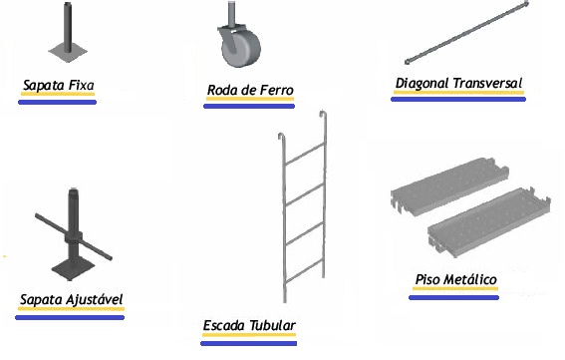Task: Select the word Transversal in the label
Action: point(487,84)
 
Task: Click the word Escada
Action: point(224,326)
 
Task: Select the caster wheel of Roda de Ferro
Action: point(241,50)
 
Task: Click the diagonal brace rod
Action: point(467,33)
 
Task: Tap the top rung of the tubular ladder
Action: point(306,154)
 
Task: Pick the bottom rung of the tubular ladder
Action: point(305,272)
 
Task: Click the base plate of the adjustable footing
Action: point(74,268)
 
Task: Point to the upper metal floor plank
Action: point(449,186)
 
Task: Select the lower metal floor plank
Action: point(488,222)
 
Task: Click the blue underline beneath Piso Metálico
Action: point(453,297)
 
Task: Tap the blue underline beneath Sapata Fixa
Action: point(57,102)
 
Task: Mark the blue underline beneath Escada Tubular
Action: point(249,343)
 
